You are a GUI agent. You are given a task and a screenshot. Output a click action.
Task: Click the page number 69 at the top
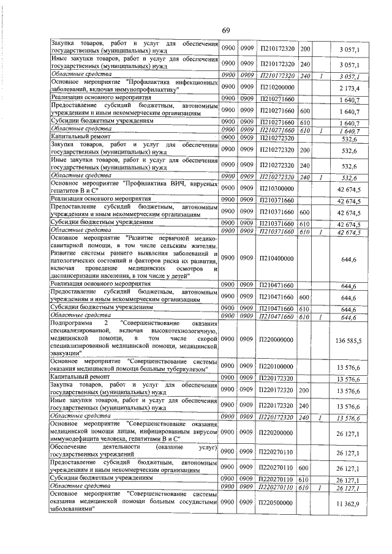tap(225, 31)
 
